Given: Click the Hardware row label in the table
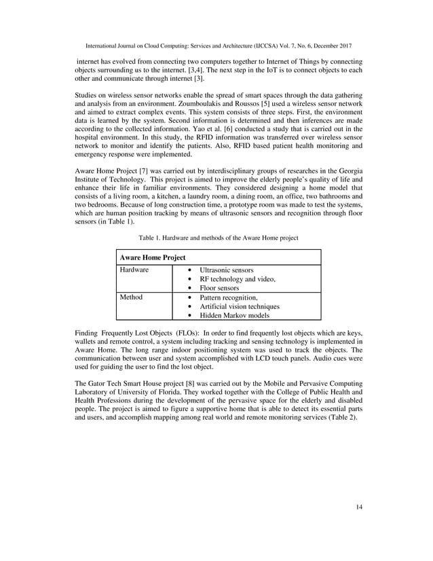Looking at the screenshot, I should point(134,270).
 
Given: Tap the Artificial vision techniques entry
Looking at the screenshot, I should point(240,307).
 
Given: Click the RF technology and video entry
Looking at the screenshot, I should point(238,280).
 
